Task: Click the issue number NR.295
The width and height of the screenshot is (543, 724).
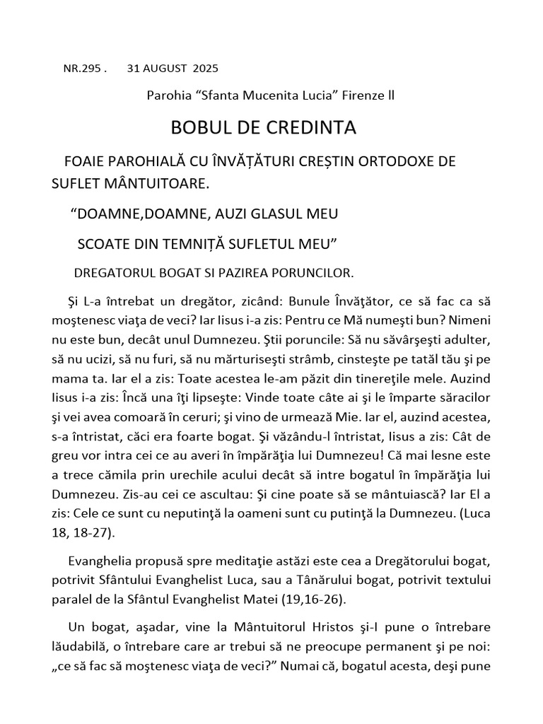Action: [82, 69]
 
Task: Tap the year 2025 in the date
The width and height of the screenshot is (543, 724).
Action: [205, 69]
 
